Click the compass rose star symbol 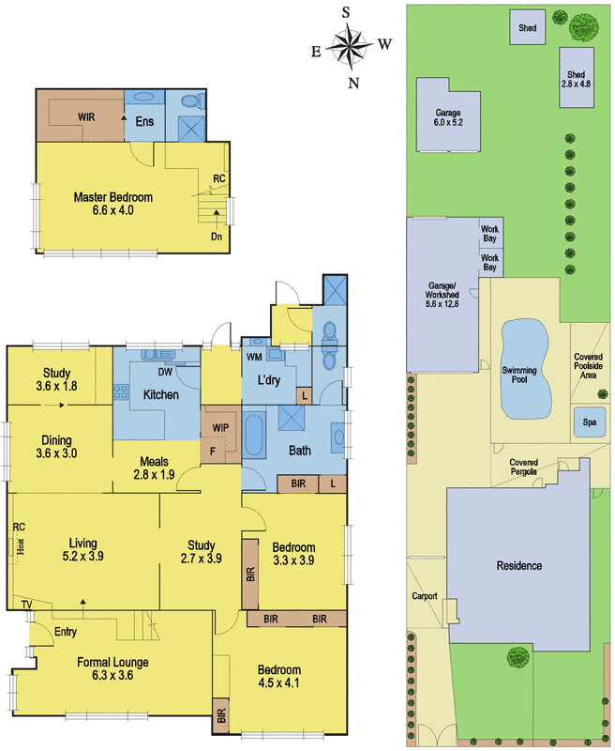352,47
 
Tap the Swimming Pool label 518,375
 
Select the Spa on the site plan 589,421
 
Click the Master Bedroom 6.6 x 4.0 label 112,204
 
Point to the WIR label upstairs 86,116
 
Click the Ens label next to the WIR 144,121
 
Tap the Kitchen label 160,394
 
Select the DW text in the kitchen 165,372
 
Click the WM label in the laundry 254,357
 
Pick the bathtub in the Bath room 253,437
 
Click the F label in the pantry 213,452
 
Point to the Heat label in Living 20,546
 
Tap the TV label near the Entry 27,605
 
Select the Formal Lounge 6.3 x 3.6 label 112,668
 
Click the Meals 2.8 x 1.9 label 154,467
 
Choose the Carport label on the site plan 425,596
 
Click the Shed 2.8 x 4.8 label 576,79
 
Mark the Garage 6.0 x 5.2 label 448,117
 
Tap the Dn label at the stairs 217,237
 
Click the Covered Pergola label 524,467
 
